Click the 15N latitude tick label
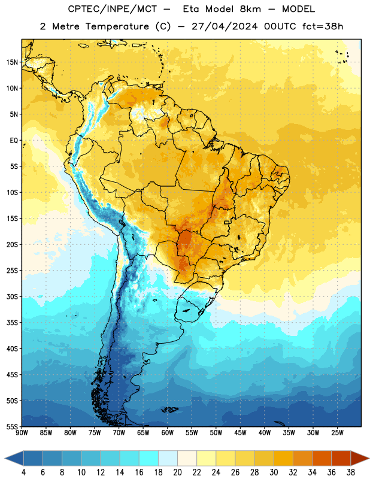tap(12, 62)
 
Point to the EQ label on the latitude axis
tap(14, 141)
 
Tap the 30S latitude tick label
tap(12, 296)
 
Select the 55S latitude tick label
tap(12, 426)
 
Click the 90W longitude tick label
tap(22, 433)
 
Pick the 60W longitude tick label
tap(168, 433)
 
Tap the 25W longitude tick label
tap(337, 433)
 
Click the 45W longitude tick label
tap(241, 433)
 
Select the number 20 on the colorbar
tap(177, 472)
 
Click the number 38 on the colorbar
tap(351, 472)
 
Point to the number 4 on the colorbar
tap(23, 472)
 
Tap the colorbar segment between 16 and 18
tap(149, 458)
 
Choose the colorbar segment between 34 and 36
tap(322, 458)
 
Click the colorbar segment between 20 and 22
tap(187, 458)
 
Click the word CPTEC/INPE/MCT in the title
tap(113, 10)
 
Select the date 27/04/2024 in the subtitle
tap(225, 26)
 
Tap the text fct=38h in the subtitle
tap(323, 26)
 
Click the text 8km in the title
tap(250, 10)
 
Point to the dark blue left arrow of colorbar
tap(14, 458)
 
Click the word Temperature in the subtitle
tap(117, 26)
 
